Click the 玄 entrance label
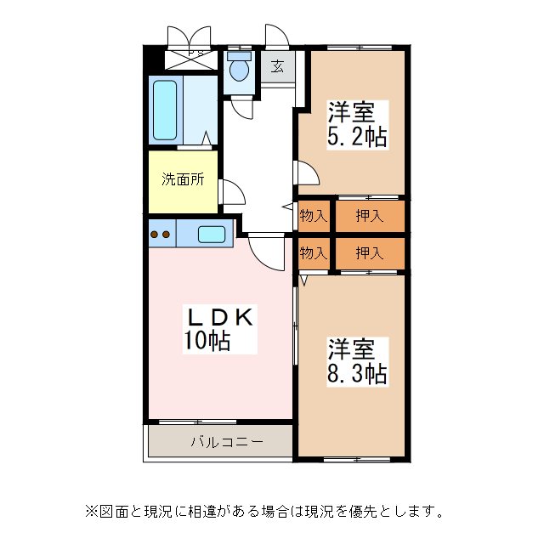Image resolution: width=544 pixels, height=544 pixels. (x=278, y=66)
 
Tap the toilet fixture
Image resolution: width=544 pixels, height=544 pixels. (x=239, y=68)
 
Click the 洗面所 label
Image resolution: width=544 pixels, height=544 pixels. (x=182, y=179)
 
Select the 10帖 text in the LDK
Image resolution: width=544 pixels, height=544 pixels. (x=207, y=341)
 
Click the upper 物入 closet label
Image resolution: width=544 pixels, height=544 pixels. (x=313, y=216)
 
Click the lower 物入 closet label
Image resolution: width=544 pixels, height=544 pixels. (x=313, y=252)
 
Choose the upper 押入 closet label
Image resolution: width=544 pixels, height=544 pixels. (x=368, y=216)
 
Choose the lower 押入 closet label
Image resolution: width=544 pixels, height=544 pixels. (x=368, y=252)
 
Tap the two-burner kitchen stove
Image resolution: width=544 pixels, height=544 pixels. (x=161, y=232)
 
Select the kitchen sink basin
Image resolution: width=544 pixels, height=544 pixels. (x=211, y=233)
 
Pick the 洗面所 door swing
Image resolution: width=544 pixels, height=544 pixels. (x=231, y=192)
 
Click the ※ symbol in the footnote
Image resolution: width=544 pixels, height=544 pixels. (x=90, y=512)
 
